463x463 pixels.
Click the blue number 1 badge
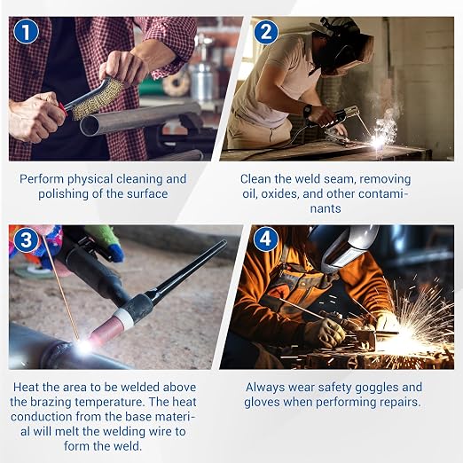point(26,32)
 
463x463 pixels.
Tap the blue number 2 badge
point(265,32)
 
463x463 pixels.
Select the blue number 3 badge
point(26,239)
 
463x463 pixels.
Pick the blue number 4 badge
point(265,239)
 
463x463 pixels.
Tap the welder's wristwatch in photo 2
point(308,111)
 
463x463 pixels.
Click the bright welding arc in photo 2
point(378,140)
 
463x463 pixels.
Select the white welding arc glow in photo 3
point(84,346)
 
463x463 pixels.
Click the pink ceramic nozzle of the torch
point(104,329)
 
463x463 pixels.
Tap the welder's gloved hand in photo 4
point(325,333)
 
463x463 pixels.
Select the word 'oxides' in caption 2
point(276,194)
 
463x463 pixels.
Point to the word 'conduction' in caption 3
point(42,417)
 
